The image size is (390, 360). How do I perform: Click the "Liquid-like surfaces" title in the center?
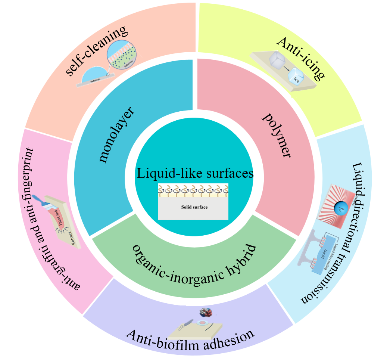(195, 174)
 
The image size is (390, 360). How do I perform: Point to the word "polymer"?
(277, 135)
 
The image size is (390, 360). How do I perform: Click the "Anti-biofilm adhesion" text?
(190, 338)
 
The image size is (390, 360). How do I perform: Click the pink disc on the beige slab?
(204, 322)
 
